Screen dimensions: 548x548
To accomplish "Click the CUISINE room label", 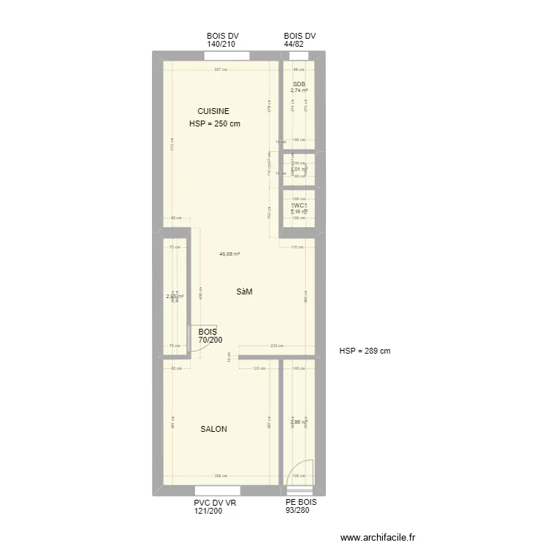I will tap(213, 111).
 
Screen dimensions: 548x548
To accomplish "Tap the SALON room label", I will tap(213, 429).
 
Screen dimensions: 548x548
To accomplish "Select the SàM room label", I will tap(244, 292).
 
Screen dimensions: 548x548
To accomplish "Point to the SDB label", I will tap(299, 85).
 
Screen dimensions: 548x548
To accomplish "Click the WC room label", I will tap(299, 206).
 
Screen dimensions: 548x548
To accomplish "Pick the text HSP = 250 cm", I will tap(214, 123).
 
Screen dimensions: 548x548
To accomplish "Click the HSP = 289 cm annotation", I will tap(365, 351).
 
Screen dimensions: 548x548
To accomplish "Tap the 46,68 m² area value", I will tap(230, 254).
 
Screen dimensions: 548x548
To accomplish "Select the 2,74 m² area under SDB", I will tap(299, 91).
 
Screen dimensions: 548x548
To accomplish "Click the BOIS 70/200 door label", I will tap(210, 335).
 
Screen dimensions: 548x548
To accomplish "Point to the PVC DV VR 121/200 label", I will tap(215, 507).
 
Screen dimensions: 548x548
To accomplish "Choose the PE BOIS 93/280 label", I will tap(301, 507).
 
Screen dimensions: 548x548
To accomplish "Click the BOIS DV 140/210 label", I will tap(223, 40).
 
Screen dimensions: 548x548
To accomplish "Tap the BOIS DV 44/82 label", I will tap(299, 40).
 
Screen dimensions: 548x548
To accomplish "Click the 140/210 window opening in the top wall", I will tap(227, 56).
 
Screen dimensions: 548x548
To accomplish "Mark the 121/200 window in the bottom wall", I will tap(218, 490).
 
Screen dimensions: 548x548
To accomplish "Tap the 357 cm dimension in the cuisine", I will tap(220, 70).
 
